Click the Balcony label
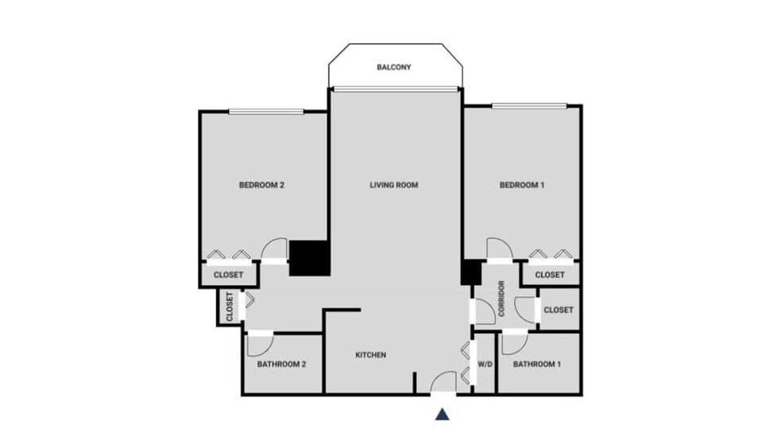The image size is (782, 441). point(393,68)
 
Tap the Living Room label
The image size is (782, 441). point(393,185)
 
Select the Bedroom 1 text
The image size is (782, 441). point(521,185)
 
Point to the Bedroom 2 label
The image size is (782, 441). point(261,185)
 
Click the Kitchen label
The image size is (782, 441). point(370,355)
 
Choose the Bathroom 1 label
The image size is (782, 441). point(536,365)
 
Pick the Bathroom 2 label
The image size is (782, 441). point(281,365)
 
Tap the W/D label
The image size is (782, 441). point(484,365)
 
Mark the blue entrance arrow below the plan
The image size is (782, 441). point(443,413)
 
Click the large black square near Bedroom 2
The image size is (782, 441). point(308,259)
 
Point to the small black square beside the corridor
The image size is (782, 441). point(470,272)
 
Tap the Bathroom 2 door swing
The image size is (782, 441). point(259,345)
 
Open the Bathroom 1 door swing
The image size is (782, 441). point(514,343)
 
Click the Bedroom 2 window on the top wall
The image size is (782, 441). point(266,111)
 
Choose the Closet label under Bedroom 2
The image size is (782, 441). point(227,275)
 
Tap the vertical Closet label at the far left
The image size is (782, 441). point(229,307)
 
